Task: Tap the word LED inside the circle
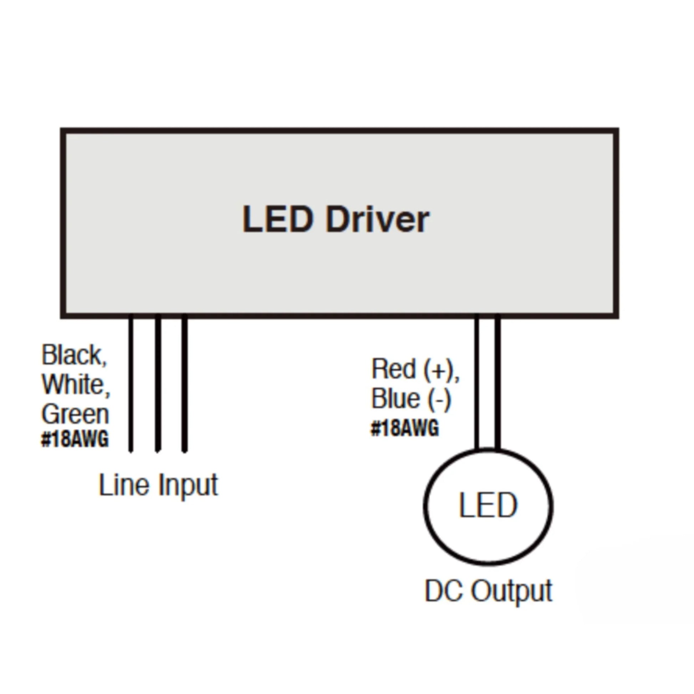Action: click(x=488, y=505)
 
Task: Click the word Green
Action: click(x=75, y=414)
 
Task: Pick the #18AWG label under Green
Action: click(x=75, y=439)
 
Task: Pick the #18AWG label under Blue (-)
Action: click(x=405, y=428)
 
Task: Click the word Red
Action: click(x=393, y=369)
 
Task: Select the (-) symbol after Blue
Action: click(x=439, y=399)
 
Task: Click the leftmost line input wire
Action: click(x=131, y=384)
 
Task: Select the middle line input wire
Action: click(x=158, y=384)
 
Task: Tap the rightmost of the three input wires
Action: click(x=184, y=384)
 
